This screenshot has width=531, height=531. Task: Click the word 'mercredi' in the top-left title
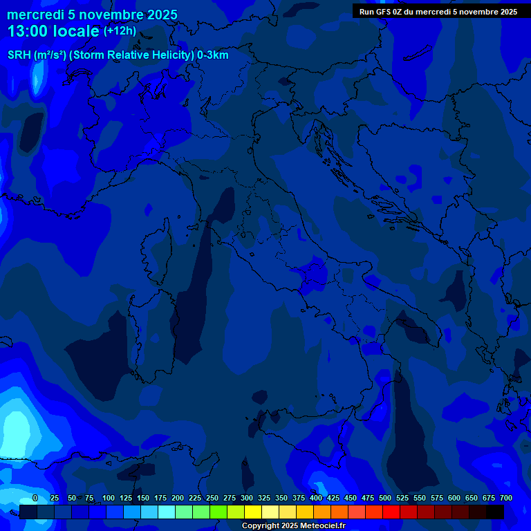[x=35, y=15]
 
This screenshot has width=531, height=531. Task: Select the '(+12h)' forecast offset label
[x=120, y=30]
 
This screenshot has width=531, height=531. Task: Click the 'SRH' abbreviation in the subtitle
[x=20, y=55]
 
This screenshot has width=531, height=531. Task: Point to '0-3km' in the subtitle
[x=212, y=55]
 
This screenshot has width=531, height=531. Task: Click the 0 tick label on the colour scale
[x=35, y=498]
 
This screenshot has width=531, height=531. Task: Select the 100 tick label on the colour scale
[x=109, y=498]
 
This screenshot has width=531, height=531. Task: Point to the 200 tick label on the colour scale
[x=178, y=498]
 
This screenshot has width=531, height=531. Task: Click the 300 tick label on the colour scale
[x=247, y=498]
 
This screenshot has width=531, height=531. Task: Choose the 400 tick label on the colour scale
[x=316, y=498]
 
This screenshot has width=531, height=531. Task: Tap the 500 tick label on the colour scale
[x=385, y=498]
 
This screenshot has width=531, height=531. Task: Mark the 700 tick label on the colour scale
[x=506, y=498]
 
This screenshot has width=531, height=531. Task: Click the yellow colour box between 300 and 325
[x=253, y=512]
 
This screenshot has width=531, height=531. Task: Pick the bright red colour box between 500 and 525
[x=391, y=512]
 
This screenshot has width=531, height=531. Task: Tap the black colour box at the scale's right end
[x=495, y=512]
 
